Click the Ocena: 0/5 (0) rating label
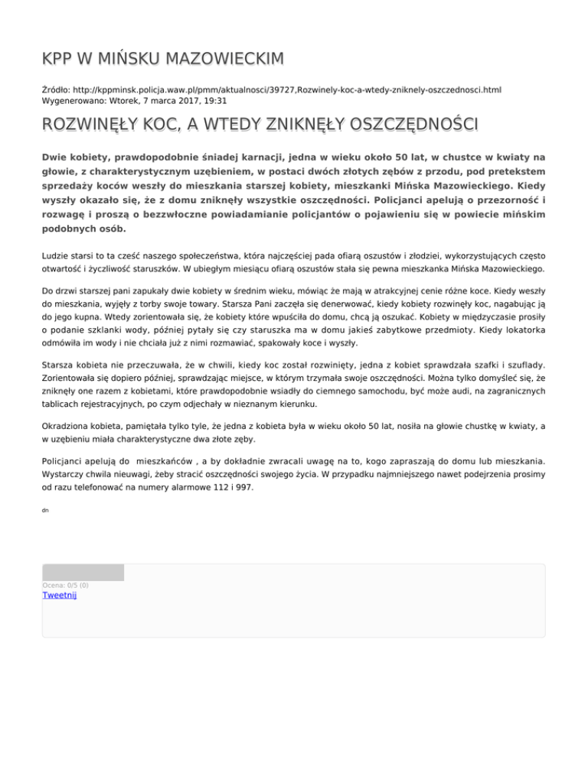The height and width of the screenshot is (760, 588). (65, 585)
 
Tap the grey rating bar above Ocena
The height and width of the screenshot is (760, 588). (83, 572)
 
